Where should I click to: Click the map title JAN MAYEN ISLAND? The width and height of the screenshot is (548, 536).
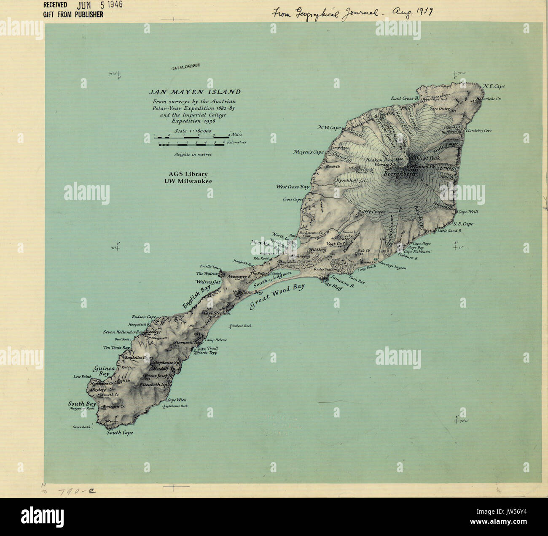point(195,92)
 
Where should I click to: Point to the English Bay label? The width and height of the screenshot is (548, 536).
point(196,297)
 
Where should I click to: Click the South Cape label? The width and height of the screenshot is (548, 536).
point(120,433)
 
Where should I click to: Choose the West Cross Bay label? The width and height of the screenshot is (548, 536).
point(293,187)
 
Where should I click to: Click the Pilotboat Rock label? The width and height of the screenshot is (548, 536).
point(241,326)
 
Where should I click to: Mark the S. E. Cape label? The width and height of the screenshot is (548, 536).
point(463,224)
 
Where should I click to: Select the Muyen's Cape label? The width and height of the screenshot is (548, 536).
point(309,152)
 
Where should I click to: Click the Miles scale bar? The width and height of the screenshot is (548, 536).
point(192,137)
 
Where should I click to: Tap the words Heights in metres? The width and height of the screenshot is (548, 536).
point(193,154)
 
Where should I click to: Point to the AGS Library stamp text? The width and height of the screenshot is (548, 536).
point(188,177)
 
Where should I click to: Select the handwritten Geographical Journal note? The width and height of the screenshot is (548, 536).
point(353,13)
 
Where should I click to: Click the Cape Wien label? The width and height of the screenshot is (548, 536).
point(177,400)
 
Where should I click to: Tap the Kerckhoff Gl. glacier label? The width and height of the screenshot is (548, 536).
point(350,181)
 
